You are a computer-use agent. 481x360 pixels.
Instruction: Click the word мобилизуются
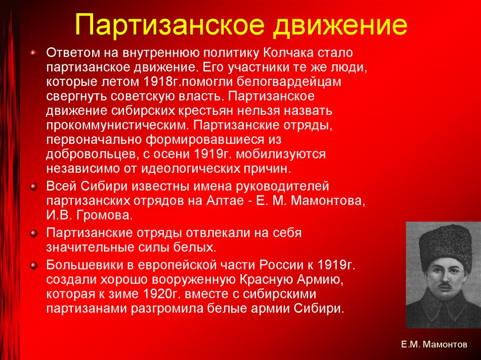point(287,153)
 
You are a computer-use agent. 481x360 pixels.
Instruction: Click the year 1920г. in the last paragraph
point(162,294)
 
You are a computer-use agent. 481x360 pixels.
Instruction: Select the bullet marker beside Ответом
point(33,53)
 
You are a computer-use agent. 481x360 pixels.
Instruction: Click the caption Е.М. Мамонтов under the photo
point(434,344)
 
